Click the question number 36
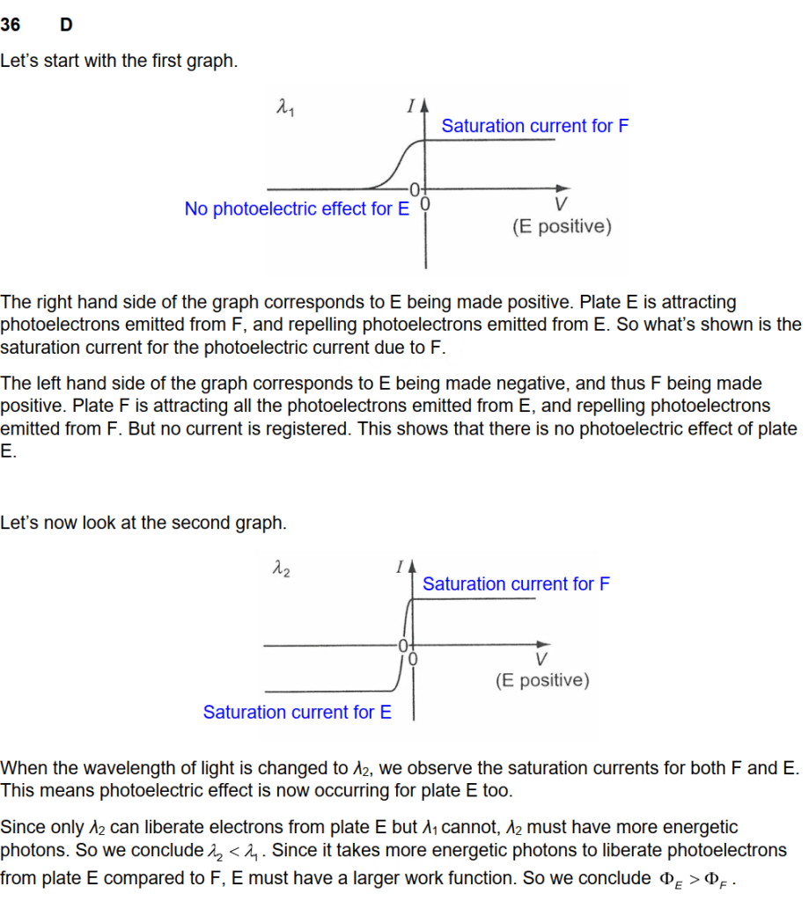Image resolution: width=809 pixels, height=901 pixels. tap(11, 26)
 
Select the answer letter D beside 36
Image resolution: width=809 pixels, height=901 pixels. tap(66, 26)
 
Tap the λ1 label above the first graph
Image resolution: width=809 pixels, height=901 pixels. tap(283, 109)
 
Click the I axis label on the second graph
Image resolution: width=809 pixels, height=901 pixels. tap(399, 567)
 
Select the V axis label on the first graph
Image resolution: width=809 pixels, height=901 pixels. tap(561, 207)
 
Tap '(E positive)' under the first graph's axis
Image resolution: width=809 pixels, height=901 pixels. tap(561, 227)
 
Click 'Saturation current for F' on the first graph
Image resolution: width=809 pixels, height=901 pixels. tap(535, 126)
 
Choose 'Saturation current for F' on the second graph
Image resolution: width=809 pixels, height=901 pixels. tap(516, 584)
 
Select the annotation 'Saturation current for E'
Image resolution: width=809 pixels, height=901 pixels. tap(297, 712)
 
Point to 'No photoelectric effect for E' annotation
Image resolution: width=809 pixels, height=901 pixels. tap(297, 209)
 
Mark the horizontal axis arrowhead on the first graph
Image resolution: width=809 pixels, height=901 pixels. tap(562, 188)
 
